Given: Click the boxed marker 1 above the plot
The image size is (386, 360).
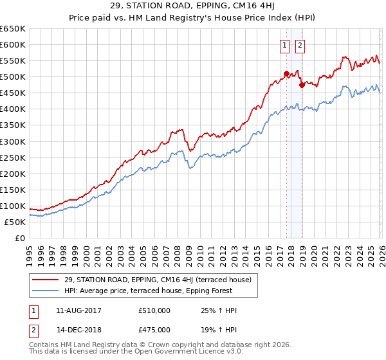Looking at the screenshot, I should point(284,45).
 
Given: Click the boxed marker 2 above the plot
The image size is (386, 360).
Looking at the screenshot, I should point(300,45).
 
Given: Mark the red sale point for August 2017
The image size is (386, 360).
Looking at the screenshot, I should point(286,73).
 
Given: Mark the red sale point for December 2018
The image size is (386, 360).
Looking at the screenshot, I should point(302,84).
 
